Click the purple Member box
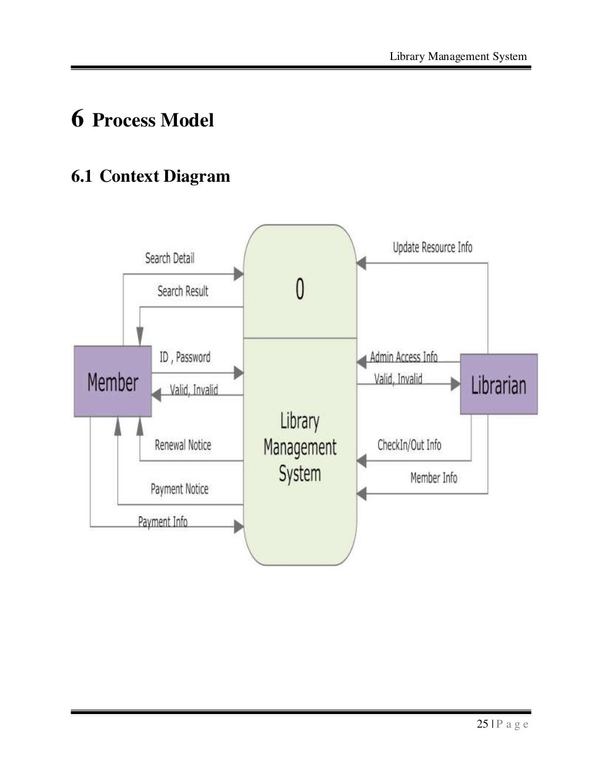[112, 381]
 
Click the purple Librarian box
[499, 384]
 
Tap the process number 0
[300, 289]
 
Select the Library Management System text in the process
[300, 448]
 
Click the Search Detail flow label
[169, 258]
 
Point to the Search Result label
[183, 291]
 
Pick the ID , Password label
[185, 357]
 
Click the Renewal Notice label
[183, 445]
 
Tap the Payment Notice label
[179, 489]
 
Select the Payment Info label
[163, 522]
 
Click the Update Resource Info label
[432, 248]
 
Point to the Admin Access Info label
[403, 357]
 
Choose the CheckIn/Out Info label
[409, 445]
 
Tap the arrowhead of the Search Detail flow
[239, 274]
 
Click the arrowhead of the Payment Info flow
[239, 526]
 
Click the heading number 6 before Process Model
[77, 119]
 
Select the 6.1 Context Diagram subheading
[150, 176]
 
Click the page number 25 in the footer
[482, 724]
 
